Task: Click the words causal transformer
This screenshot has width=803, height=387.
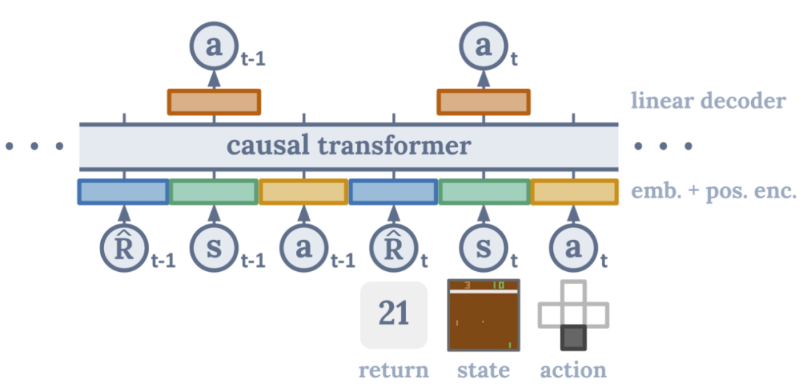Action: (x=349, y=146)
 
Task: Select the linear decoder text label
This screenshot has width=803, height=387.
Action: (x=708, y=100)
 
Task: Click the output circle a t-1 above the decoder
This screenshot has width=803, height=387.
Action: (x=214, y=46)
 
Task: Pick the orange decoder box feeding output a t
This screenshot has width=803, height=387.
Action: (x=483, y=102)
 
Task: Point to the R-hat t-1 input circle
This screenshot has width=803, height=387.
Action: (x=123, y=247)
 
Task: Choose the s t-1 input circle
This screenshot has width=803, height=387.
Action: (x=214, y=247)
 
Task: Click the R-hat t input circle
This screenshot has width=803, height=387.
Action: (x=393, y=247)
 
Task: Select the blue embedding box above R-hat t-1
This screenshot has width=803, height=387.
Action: (x=123, y=192)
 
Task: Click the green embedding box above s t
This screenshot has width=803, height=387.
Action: (x=484, y=192)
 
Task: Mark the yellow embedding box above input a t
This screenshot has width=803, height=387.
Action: (x=574, y=192)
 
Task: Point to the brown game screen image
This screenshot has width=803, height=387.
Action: (x=484, y=315)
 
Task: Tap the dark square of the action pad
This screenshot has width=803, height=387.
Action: (x=573, y=338)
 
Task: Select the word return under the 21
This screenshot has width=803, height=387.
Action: (x=393, y=370)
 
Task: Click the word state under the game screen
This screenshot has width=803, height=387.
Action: (x=484, y=370)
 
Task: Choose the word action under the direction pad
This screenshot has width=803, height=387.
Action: (x=573, y=370)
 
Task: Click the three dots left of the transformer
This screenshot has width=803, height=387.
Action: (x=34, y=146)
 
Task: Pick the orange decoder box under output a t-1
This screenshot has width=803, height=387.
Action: (x=214, y=102)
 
